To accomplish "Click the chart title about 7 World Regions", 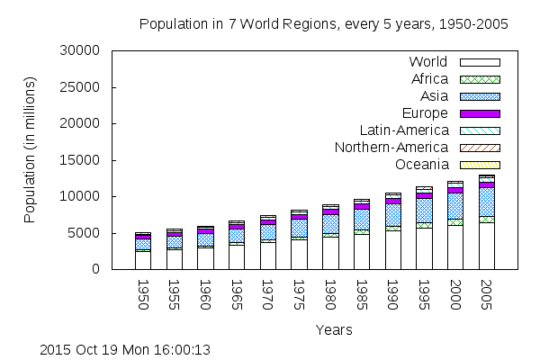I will click(324, 24).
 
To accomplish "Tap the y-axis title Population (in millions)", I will click(30, 150).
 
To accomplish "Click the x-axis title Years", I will click(334, 330).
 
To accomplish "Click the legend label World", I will click(428, 62).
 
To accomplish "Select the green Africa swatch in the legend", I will click(480, 79).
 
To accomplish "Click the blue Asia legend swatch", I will click(480, 96).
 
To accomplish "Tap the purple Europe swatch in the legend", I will click(480, 113).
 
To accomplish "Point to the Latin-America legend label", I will click(403, 130).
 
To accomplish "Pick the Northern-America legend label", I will click(391, 148).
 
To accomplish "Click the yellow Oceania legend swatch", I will click(480, 165).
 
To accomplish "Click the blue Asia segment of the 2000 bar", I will click(455, 206).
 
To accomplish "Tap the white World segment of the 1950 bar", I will click(142, 260).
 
